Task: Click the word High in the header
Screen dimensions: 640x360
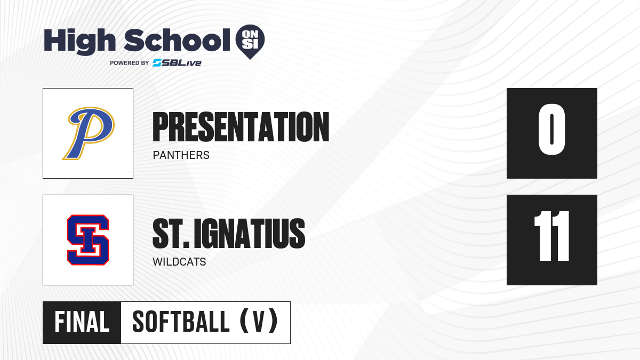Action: coord(79,42)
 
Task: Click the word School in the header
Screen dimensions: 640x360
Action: coord(177,40)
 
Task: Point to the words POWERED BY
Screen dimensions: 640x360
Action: coord(130,63)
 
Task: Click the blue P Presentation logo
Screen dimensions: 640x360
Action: coord(89,133)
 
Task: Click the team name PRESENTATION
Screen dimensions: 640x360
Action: coord(241,127)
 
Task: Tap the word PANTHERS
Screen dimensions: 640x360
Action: coord(181,155)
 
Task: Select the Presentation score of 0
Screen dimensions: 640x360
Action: coord(551,130)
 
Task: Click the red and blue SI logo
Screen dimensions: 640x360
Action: coord(88,240)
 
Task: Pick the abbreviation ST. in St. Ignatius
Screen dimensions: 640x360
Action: coord(171,234)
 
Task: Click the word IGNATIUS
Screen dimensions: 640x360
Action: coord(250,234)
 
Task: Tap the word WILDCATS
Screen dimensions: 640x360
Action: coord(179,262)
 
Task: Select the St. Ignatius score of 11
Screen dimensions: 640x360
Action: coord(551,236)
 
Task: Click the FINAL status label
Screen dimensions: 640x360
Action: coord(82,322)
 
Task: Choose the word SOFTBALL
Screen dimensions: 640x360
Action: coord(181,322)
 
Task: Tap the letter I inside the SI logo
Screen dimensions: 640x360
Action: coord(88,241)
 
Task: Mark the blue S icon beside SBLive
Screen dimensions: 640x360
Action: coord(157,63)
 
